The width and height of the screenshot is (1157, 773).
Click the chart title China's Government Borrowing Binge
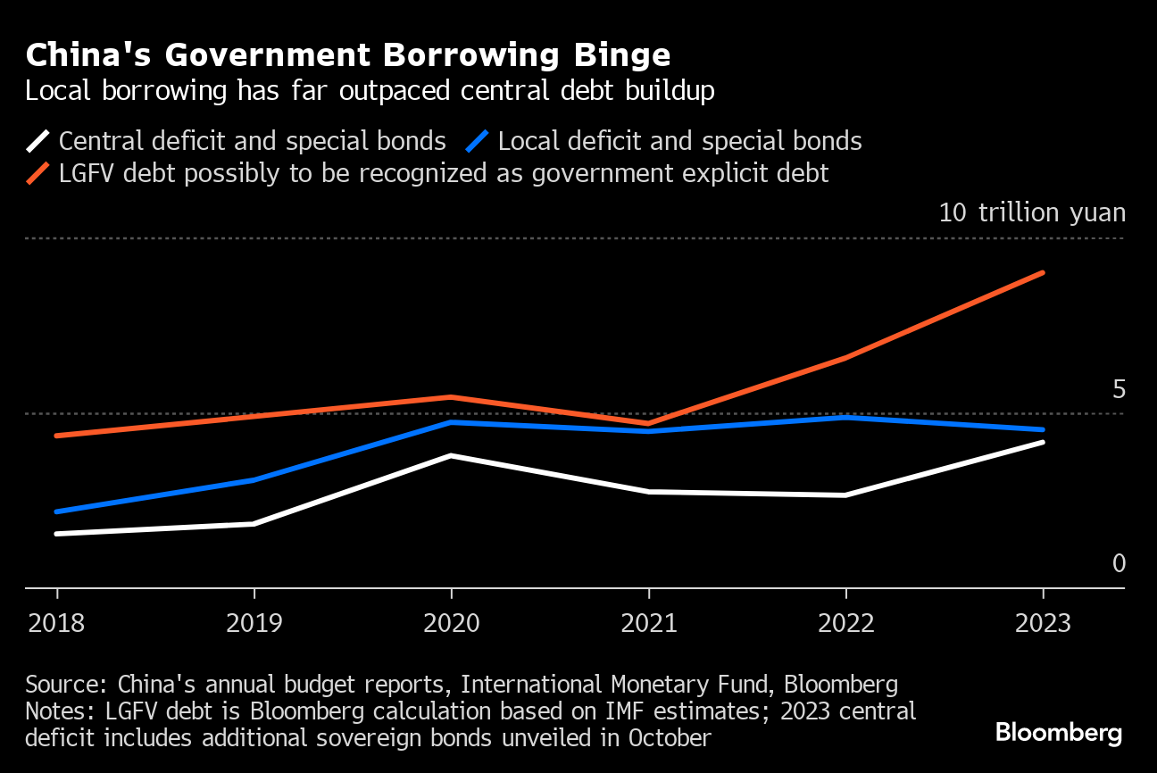click(x=348, y=55)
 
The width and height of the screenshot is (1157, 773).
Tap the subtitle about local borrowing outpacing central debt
click(x=370, y=91)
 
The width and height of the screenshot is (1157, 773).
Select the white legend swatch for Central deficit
click(x=38, y=141)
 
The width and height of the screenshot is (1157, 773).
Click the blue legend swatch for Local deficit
click(x=478, y=141)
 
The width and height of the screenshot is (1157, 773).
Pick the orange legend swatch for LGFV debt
click(x=38, y=172)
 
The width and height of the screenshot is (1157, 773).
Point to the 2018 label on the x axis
click(x=57, y=622)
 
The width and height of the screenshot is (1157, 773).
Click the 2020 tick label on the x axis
click(x=451, y=622)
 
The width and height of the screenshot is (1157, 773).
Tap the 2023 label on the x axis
click(x=1043, y=622)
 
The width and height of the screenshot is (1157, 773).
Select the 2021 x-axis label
click(x=649, y=622)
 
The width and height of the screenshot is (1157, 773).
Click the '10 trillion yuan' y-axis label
click(x=1032, y=212)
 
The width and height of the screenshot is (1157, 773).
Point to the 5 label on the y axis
click(x=1119, y=390)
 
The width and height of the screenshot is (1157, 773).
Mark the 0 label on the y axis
click(x=1119, y=564)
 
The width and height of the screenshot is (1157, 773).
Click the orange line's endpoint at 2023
click(x=1043, y=272)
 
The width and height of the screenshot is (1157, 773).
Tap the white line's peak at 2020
click(x=451, y=455)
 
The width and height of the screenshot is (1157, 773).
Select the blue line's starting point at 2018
click(x=57, y=511)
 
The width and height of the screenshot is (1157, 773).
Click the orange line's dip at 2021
click(x=649, y=423)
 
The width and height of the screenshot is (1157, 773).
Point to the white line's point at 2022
click(x=845, y=495)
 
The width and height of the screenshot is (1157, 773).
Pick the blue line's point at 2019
click(x=254, y=480)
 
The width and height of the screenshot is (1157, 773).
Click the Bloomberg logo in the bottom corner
click(x=1058, y=733)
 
